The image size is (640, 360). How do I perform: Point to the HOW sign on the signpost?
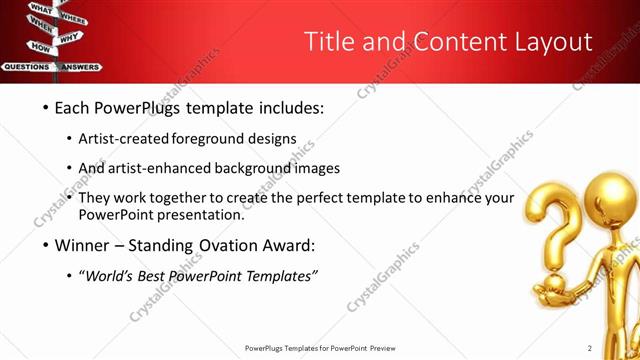tap(40, 47)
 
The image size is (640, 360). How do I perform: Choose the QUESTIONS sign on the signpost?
tap(27, 67)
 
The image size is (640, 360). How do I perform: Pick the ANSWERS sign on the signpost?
tap(80, 67)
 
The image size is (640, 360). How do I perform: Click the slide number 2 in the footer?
tap(590, 348)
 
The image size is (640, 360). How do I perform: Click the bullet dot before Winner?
tap(45, 245)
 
